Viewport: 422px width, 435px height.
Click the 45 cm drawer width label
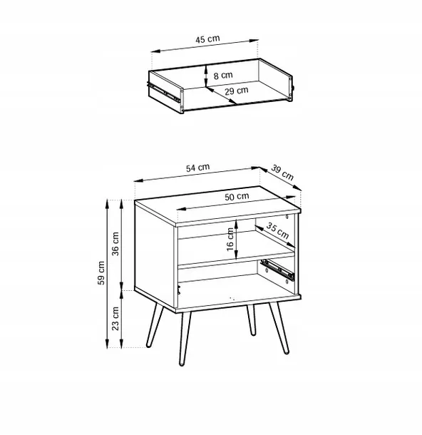point(207,39)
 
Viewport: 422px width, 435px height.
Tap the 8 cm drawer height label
point(223,75)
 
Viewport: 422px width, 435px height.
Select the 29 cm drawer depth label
point(236,91)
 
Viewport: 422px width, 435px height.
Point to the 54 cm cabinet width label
point(197,168)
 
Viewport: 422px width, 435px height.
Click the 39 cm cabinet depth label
point(282,173)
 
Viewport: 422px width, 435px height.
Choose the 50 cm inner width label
point(237,196)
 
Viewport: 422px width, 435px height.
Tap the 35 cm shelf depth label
point(277,231)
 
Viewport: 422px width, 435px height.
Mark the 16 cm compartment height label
point(230,239)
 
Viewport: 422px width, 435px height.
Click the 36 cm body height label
point(115,244)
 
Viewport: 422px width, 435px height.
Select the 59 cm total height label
point(101,273)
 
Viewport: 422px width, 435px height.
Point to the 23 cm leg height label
point(115,318)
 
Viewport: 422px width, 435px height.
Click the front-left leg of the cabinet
point(185,339)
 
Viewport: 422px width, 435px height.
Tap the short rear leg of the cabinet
point(251,320)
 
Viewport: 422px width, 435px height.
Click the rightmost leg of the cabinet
point(279,328)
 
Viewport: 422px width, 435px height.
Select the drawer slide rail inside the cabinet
point(278,268)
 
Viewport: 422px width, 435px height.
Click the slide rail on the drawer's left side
point(163,91)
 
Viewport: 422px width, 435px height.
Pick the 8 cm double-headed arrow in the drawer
point(206,76)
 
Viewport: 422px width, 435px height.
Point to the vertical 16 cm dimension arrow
point(236,239)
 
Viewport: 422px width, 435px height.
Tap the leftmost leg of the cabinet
point(154,325)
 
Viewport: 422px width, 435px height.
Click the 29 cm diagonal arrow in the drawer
point(221,96)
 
